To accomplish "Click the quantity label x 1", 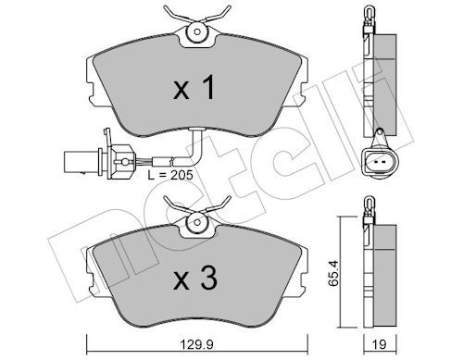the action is coord(194,88).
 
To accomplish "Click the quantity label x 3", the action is coord(195,279).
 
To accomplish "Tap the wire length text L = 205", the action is coord(170,175).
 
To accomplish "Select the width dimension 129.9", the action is coord(197,344).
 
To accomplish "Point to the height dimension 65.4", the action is coord(333,273).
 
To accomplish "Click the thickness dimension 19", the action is coord(380,344).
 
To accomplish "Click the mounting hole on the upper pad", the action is coord(197,31).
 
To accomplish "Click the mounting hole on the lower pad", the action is coord(197,222).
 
